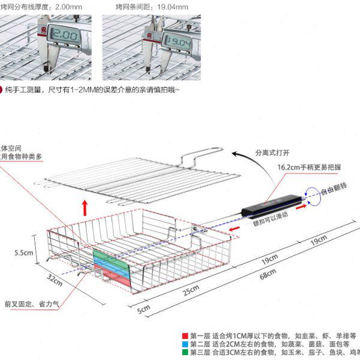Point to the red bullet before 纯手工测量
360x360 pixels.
pyautogui.click(x=2, y=90)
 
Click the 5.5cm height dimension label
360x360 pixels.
pyautogui.click(x=25, y=253)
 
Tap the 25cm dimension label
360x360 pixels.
pyautogui.click(x=190, y=291)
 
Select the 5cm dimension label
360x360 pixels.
pyautogui.click(x=143, y=310)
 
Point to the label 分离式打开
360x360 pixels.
pyautogui.click(x=273, y=152)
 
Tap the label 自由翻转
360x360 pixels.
pyautogui.click(x=339, y=191)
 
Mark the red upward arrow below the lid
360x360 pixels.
pyautogui.click(x=85, y=207)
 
